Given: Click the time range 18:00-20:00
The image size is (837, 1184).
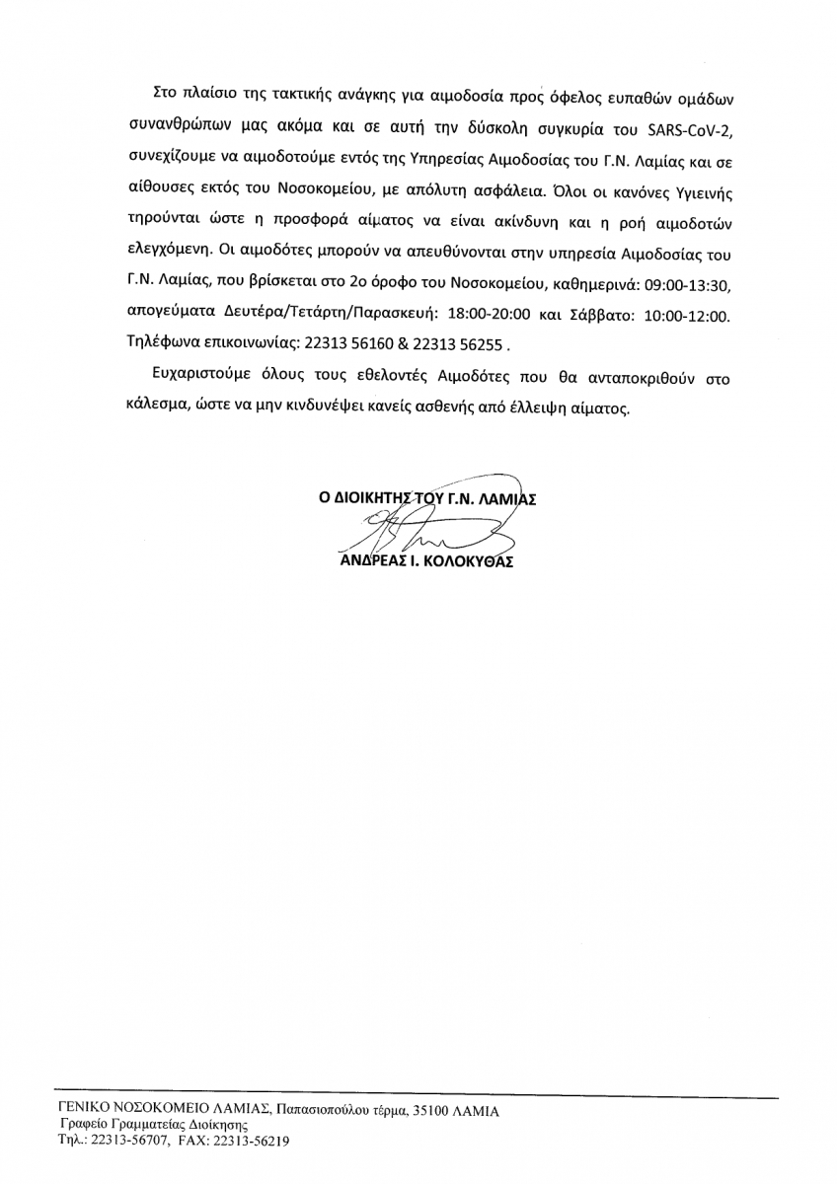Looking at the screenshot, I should pyautogui.click(x=492, y=317).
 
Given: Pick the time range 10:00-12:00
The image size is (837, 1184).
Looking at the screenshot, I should pyautogui.click(x=686, y=317).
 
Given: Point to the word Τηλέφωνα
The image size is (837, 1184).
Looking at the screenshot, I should pyautogui.click(x=161, y=345).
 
